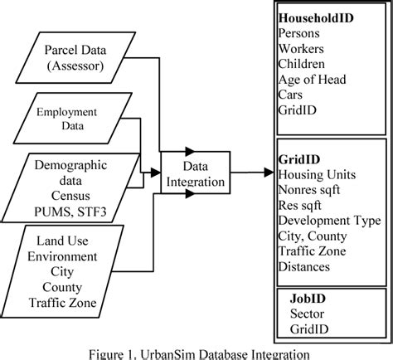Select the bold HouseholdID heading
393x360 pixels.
(x=316, y=17)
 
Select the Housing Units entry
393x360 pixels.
(x=318, y=174)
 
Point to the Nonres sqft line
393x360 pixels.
(x=312, y=189)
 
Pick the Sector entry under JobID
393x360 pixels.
(x=307, y=314)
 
